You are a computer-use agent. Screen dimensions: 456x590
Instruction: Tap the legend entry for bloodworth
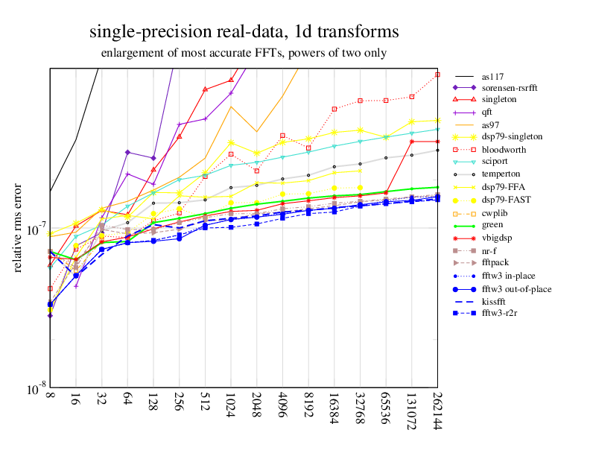pyautogui.click(x=503, y=149)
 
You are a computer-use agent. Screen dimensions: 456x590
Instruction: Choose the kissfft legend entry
pyautogui.click(x=497, y=300)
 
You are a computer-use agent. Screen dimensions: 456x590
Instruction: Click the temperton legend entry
pyautogui.click(x=501, y=173)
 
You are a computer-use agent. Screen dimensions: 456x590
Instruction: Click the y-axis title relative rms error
pyautogui.click(x=18, y=227)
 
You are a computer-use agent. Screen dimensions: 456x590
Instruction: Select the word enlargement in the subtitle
pyautogui.click(x=132, y=53)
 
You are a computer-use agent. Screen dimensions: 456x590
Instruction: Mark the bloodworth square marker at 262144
pyautogui.click(x=437, y=75)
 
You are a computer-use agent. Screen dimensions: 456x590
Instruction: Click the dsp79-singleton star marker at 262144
pyautogui.click(x=437, y=120)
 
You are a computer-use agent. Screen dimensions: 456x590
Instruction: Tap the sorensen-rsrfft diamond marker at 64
pyautogui.click(x=127, y=152)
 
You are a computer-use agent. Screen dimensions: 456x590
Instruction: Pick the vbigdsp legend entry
pyautogui.click(x=498, y=238)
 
